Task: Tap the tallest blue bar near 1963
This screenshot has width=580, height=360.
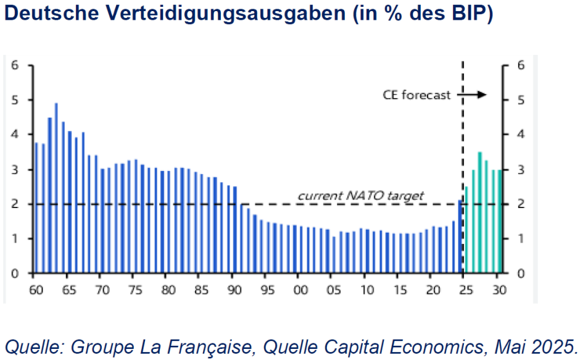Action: pos(56,188)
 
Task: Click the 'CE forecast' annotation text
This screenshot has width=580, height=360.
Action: pos(417,96)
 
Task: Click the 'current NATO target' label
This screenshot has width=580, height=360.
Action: pos(361,196)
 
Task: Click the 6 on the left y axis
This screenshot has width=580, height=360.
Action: pos(15,65)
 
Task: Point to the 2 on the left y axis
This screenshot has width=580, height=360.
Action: pos(15,204)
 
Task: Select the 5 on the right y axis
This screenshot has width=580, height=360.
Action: pos(521,100)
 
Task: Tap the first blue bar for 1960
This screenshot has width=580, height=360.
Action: pos(36,208)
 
